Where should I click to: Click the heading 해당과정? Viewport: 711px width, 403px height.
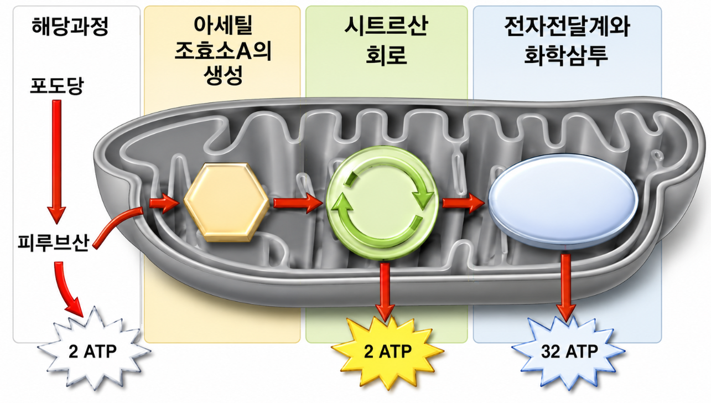click(70, 26)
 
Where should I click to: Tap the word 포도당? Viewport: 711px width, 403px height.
click(57, 85)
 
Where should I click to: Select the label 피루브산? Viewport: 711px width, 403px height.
click(53, 242)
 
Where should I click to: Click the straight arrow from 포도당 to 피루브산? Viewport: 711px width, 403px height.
click(57, 162)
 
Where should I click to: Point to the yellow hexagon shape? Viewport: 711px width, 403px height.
click(227, 202)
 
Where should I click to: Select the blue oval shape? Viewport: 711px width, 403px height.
click(563, 201)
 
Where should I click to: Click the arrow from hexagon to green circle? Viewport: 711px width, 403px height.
click(298, 203)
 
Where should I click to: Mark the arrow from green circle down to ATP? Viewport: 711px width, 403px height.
click(385, 292)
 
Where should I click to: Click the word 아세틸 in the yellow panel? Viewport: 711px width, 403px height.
click(223, 25)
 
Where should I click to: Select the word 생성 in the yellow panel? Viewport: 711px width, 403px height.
click(223, 75)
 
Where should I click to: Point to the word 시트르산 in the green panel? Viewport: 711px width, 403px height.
click(386, 26)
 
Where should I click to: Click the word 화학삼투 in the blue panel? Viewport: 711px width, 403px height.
click(566, 55)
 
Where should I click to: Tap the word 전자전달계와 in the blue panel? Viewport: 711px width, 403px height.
click(567, 26)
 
